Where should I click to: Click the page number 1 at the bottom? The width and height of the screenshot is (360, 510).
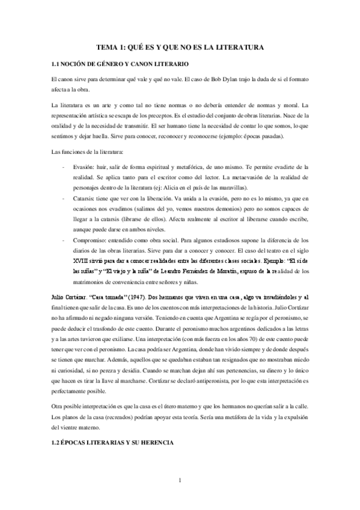point(180,479)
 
